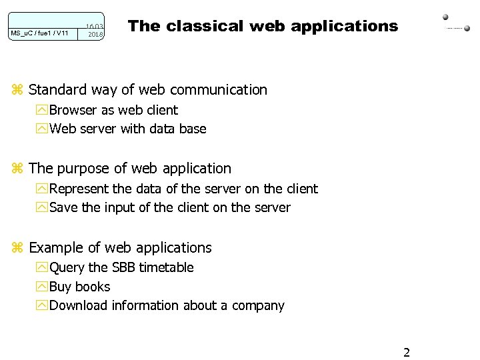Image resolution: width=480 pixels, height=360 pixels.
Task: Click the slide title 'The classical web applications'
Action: pos(263,26)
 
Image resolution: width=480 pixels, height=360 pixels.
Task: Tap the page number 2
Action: pos(407,352)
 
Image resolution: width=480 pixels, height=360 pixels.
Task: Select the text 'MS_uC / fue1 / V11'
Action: pos(39,33)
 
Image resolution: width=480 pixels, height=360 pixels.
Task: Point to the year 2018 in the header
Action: pos(96,34)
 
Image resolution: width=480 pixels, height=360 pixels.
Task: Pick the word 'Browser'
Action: pos(73,110)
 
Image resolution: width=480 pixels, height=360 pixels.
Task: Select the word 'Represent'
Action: pos(80,189)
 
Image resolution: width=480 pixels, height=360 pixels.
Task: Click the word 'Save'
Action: pos(63,207)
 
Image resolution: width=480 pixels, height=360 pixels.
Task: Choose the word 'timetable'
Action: pos(166,267)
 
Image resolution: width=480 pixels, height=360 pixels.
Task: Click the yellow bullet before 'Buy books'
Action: pos(43,287)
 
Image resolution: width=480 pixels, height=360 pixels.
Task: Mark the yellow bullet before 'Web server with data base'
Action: pos(43,129)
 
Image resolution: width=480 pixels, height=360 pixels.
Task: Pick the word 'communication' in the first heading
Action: pos(224,90)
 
